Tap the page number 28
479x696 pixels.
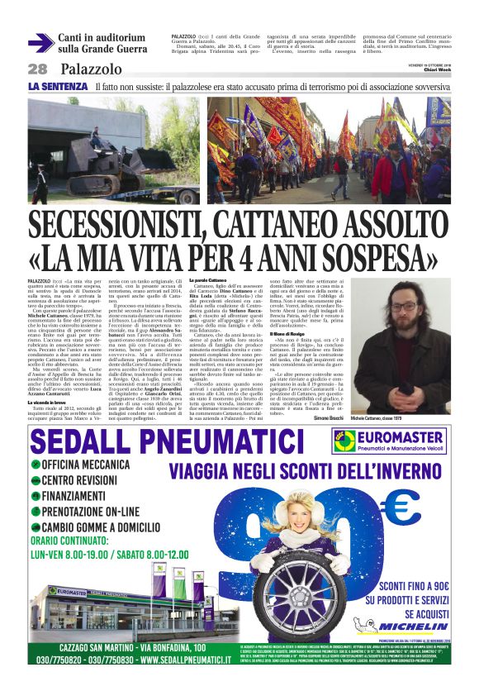pos(38,69)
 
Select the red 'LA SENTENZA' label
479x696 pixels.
pos(58,87)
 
